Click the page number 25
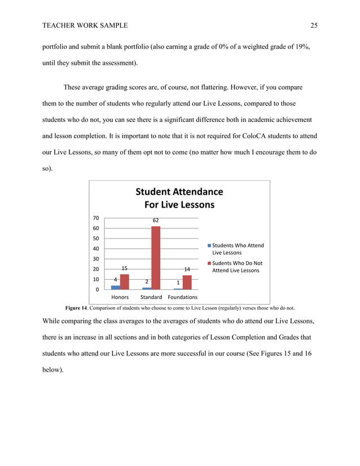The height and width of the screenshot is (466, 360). tap(314, 25)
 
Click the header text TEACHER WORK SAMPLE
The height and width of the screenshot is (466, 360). tap(85, 25)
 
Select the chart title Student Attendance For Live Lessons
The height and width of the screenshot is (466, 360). tap(179, 198)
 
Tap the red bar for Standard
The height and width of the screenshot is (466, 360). tap(156, 258)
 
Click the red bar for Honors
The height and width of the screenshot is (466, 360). tap(125, 282)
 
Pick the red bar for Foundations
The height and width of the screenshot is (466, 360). tap(187, 282)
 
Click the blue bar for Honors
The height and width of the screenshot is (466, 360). tap(116, 287)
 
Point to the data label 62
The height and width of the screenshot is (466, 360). tap(156, 220)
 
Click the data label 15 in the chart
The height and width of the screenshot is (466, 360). tap(125, 269)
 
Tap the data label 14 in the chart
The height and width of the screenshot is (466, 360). tap(187, 270)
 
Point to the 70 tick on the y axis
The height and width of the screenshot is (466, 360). tap(96, 218)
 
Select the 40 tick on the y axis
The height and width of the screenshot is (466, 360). tap(96, 249)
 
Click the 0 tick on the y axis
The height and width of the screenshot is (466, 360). tap(98, 289)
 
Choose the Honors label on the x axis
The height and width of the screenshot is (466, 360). tap(120, 297)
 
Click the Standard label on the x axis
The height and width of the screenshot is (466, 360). tap(151, 297)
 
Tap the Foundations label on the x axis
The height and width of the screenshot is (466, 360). tap(183, 297)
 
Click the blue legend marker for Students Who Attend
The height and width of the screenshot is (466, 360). tap(209, 245)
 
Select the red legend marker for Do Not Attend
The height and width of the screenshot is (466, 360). tap(209, 263)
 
